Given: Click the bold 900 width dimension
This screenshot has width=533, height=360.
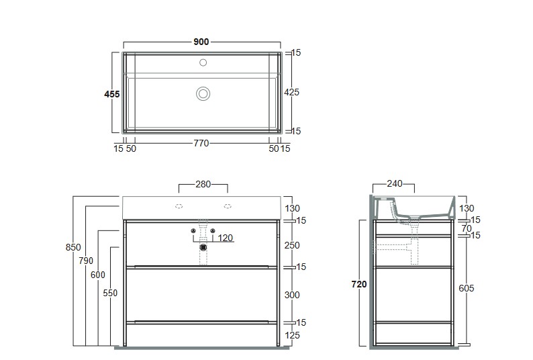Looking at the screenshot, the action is coord(201,42).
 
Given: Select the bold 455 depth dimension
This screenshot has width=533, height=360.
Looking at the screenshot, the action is coord(112,94).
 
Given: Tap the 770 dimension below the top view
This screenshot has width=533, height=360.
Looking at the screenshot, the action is coord(201,143).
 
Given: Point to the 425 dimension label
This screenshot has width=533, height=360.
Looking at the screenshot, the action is coord(291,92).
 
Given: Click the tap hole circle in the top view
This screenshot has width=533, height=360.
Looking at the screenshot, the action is coord(203,62).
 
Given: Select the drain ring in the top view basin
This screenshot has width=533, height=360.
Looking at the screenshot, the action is coord(203,93).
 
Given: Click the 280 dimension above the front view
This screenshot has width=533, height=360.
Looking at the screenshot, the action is coord(203,184).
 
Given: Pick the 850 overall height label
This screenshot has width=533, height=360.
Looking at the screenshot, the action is coord(73,247).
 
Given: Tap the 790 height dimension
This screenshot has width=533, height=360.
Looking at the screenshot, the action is coord(86,261).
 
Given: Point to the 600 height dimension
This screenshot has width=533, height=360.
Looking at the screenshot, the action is coord(98,275).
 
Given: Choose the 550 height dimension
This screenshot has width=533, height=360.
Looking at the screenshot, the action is coord(110,293).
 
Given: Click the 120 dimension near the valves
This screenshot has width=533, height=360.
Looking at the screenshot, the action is coord(226,238).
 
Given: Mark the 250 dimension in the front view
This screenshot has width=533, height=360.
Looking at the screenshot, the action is coord(292,245).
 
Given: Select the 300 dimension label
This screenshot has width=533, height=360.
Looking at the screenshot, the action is coord(292,295).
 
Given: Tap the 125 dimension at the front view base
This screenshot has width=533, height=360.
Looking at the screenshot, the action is coord(292,335).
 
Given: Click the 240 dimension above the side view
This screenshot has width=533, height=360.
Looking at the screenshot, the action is coord(395,184).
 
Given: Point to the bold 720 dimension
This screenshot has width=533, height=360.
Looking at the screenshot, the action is coord(359,284).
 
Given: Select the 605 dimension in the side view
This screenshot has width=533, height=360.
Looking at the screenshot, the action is coord(466,288).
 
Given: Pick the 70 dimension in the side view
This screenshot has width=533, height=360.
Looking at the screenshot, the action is coord(467,228).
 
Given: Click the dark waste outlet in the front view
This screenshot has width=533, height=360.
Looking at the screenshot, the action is coord(203,247).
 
